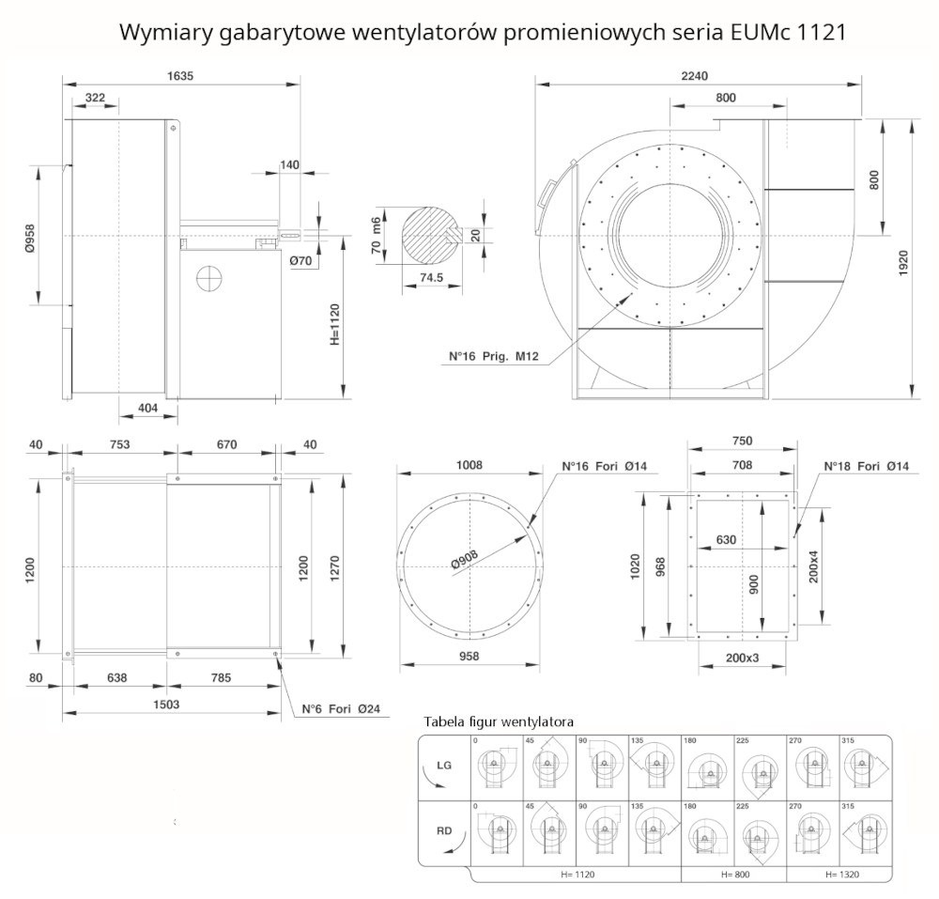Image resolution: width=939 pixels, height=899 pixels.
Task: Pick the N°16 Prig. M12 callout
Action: (x=492, y=357)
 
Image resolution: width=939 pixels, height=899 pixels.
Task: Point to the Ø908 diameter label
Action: (x=465, y=561)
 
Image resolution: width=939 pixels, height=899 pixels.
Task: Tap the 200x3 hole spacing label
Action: (x=742, y=659)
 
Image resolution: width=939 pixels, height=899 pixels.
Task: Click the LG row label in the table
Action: (x=444, y=766)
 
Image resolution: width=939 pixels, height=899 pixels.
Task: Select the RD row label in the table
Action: (x=444, y=830)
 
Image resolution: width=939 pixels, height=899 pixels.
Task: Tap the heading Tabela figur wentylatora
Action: (x=499, y=721)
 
